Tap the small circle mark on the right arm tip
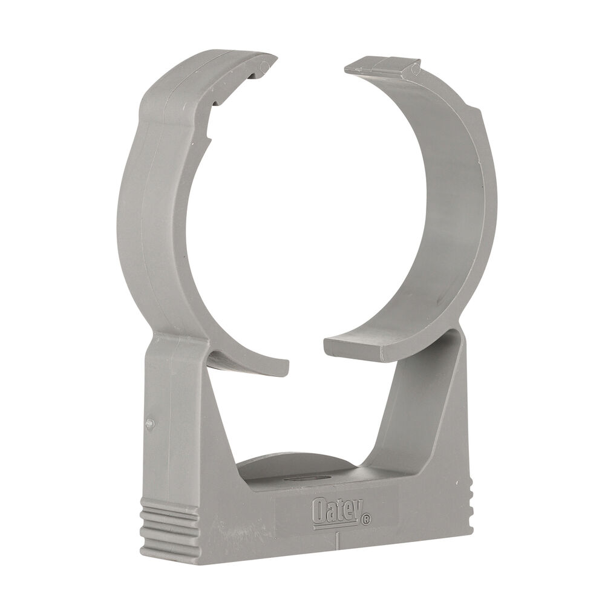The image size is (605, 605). click(415, 71)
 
